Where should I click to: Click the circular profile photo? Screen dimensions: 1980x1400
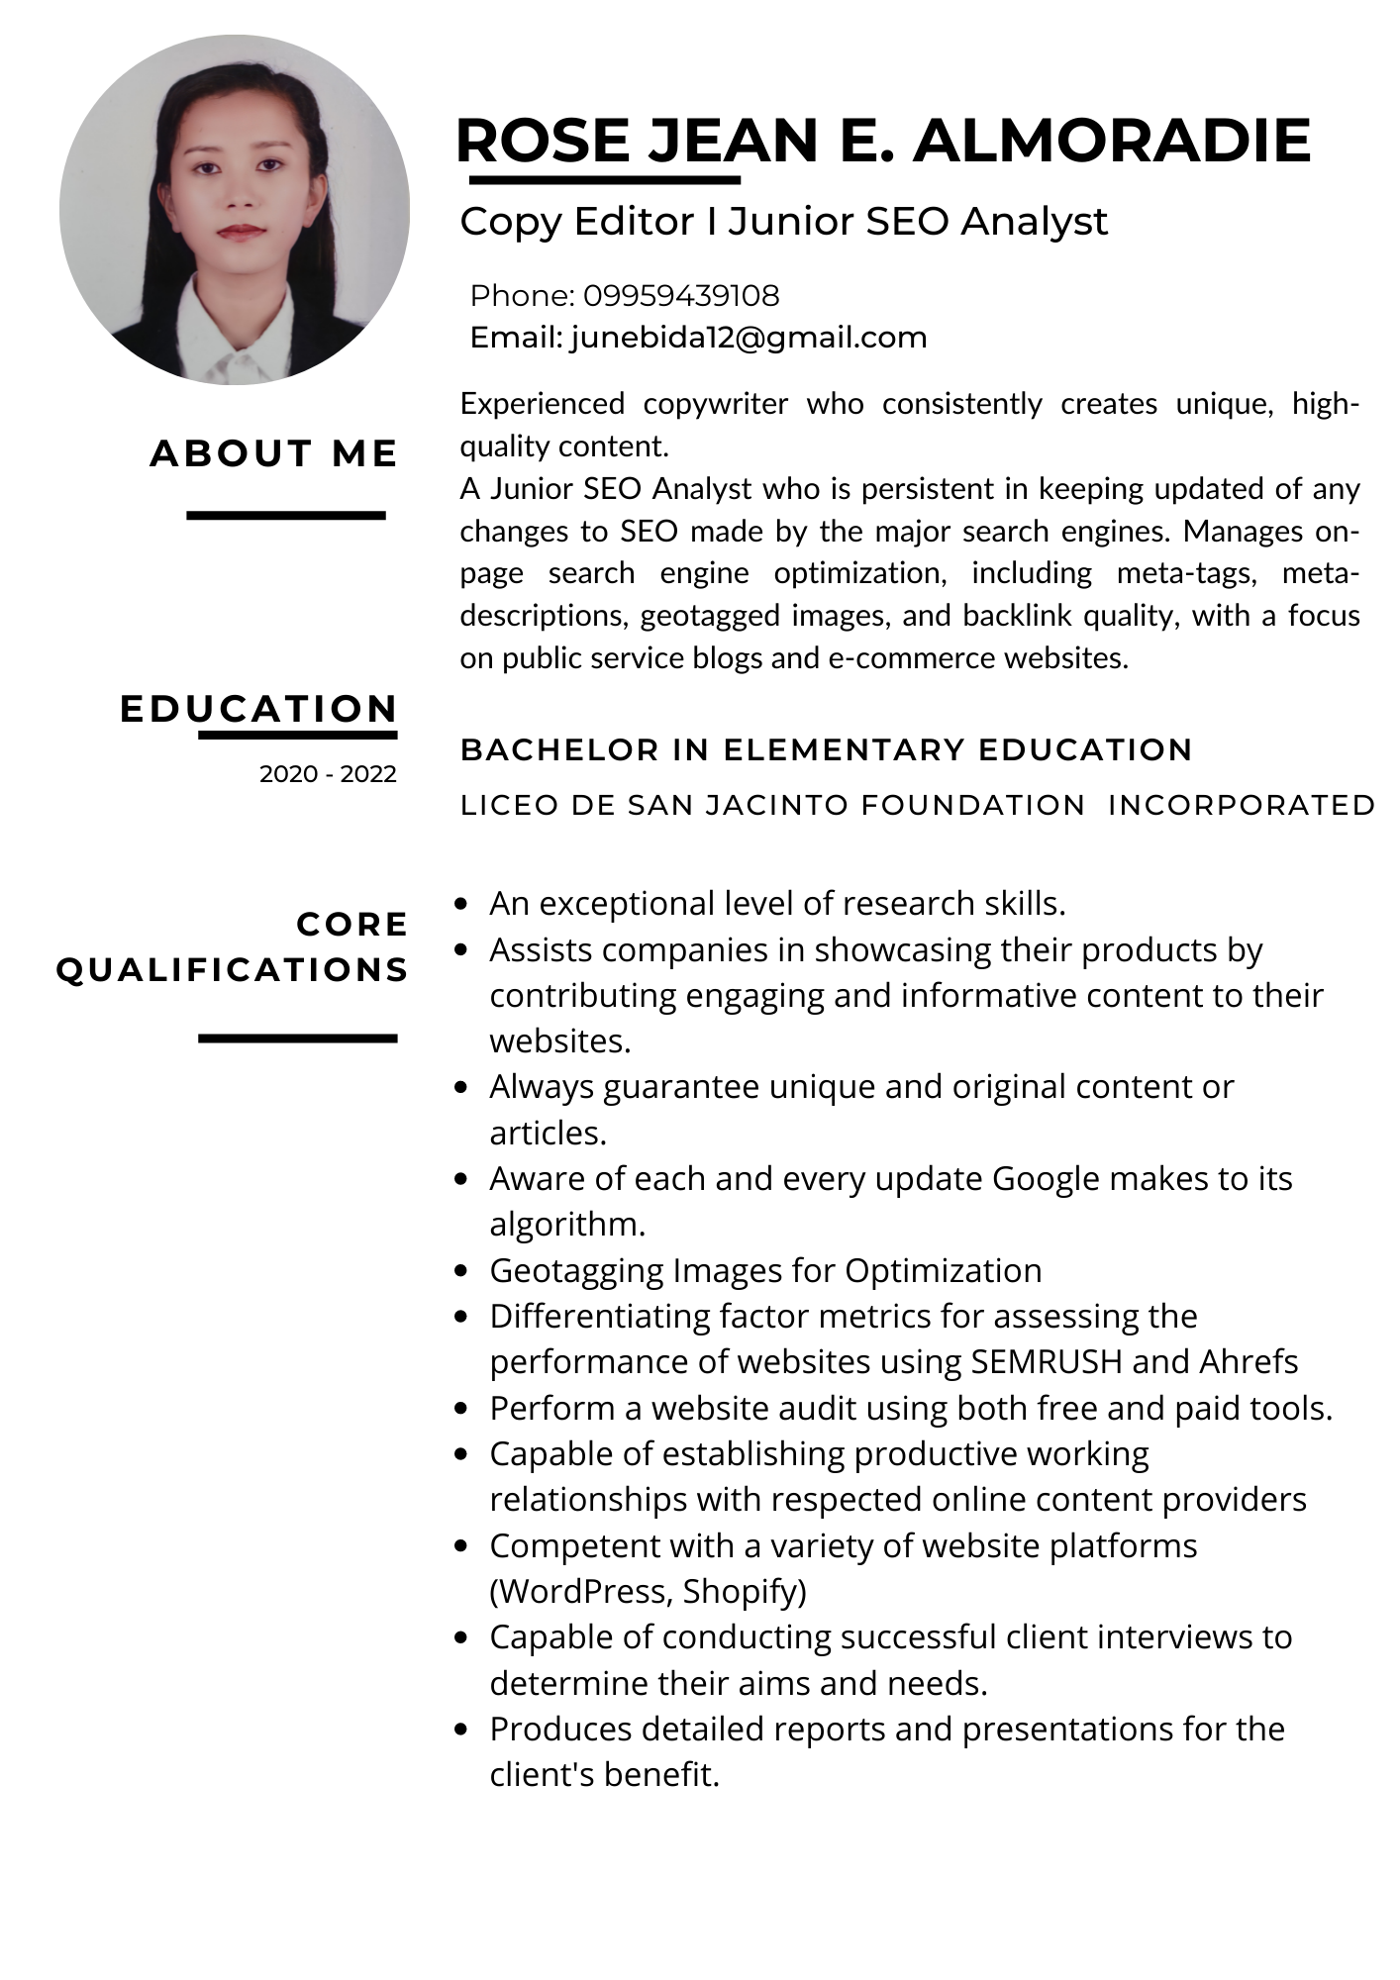[235, 210]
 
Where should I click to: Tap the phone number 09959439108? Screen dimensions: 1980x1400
[680, 295]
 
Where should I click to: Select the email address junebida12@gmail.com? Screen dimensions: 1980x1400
[749, 338]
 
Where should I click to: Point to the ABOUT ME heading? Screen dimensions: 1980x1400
[274, 453]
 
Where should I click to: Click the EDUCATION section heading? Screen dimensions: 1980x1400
[258, 709]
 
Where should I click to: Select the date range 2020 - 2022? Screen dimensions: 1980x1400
[328, 773]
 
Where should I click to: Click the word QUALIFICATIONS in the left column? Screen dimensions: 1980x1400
[233, 969]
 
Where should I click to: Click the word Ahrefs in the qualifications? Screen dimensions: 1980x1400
[1249, 1362]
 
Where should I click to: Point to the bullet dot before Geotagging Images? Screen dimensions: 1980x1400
[460, 1271]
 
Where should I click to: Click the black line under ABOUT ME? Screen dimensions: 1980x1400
[285, 515]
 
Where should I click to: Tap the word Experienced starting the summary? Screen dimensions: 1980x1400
[542, 404]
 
